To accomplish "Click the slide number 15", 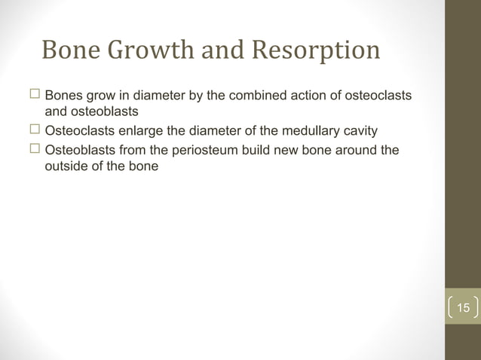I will [x=463, y=308].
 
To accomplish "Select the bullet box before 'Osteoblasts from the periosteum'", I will [x=34, y=149].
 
